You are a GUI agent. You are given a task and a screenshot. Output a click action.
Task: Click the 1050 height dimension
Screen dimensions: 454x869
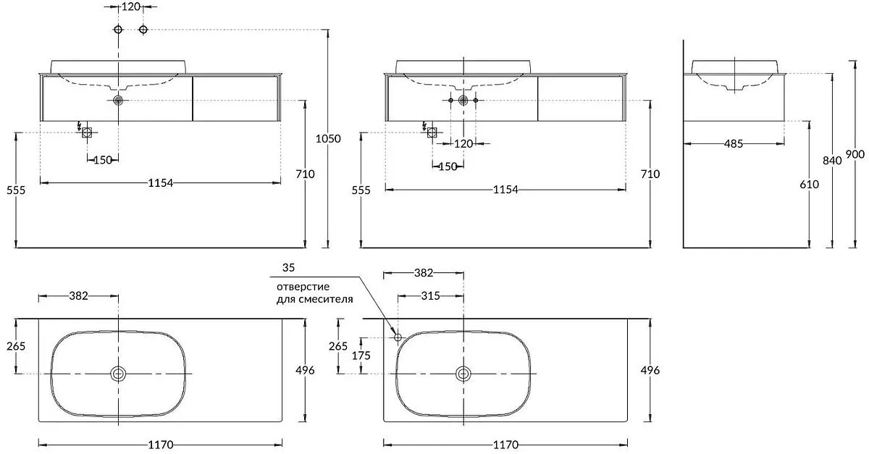click(329, 138)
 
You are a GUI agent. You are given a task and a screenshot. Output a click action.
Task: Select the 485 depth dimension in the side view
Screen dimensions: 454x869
click(733, 144)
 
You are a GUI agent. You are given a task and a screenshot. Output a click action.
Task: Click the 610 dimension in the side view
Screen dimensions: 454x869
click(809, 185)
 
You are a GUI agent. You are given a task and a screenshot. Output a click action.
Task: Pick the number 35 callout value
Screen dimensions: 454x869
click(288, 268)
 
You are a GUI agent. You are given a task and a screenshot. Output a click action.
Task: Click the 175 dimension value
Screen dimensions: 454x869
click(361, 356)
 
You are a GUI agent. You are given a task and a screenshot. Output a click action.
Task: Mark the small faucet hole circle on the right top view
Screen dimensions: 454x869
click(397, 337)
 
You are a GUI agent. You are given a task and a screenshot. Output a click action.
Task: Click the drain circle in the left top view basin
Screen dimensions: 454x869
click(118, 374)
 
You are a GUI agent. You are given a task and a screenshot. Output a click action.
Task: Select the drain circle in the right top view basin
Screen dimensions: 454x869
click(463, 374)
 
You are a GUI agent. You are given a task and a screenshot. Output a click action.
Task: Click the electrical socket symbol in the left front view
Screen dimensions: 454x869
click(87, 132)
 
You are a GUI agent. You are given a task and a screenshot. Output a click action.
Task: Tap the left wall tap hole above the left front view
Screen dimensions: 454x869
click(118, 29)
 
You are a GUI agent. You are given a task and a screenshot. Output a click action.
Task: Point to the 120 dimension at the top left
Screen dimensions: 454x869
click(130, 7)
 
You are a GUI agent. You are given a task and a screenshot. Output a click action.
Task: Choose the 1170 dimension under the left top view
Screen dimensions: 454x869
click(160, 445)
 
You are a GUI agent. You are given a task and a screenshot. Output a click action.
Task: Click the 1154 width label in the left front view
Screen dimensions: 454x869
click(160, 183)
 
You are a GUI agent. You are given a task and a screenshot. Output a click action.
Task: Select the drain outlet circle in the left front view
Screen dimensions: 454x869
click(119, 101)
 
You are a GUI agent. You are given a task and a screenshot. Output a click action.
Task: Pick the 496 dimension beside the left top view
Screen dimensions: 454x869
click(305, 370)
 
